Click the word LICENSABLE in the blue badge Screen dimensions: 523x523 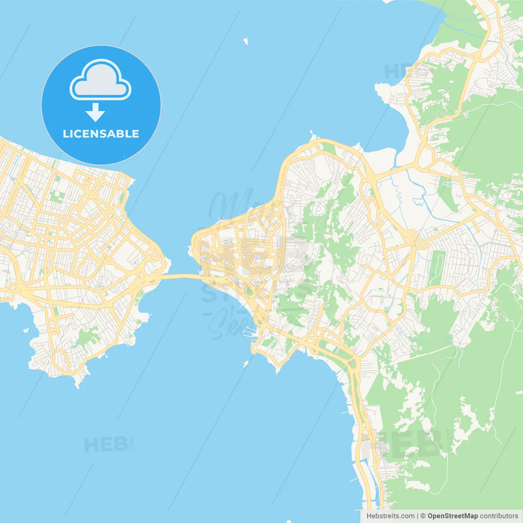tap(101, 134)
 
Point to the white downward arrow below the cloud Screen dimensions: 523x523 tap(96, 112)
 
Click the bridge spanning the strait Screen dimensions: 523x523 tap(180, 277)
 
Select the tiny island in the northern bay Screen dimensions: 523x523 tap(246, 41)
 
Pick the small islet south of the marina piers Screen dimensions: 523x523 tap(246, 363)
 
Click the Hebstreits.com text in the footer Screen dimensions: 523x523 tap(390, 516)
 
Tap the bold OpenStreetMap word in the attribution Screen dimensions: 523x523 tap(452, 516)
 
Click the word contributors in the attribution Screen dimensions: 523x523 tap(499, 516)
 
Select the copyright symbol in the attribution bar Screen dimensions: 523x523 tap(423, 516)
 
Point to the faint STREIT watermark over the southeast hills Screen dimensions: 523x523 tap(450, 440)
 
